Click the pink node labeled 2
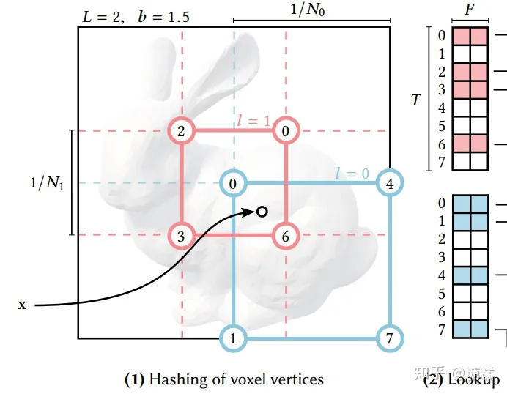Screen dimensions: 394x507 pyautogui.click(x=182, y=131)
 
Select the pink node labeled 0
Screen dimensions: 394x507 pyautogui.click(x=286, y=131)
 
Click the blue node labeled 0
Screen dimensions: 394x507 pyautogui.click(x=234, y=183)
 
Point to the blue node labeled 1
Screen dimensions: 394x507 pyautogui.click(x=234, y=338)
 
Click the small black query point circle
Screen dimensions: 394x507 pyautogui.click(x=261, y=212)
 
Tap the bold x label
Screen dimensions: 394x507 pyautogui.click(x=22, y=304)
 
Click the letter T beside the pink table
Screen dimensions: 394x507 pyautogui.click(x=415, y=100)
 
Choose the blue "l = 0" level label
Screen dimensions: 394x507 pyautogui.click(x=348, y=173)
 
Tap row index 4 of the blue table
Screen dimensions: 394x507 pyautogui.click(x=442, y=276)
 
